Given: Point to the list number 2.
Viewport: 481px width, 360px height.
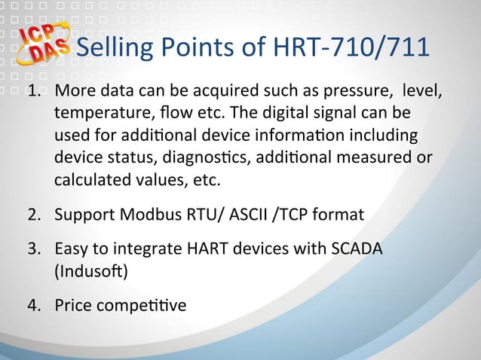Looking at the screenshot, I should (x=35, y=215).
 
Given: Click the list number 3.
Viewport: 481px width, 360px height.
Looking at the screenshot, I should (x=35, y=249).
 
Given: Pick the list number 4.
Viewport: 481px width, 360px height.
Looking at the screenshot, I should (x=35, y=307).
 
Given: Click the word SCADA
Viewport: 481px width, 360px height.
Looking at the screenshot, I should (x=356, y=249).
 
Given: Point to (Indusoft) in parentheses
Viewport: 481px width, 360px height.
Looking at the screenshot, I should (x=90, y=271).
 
